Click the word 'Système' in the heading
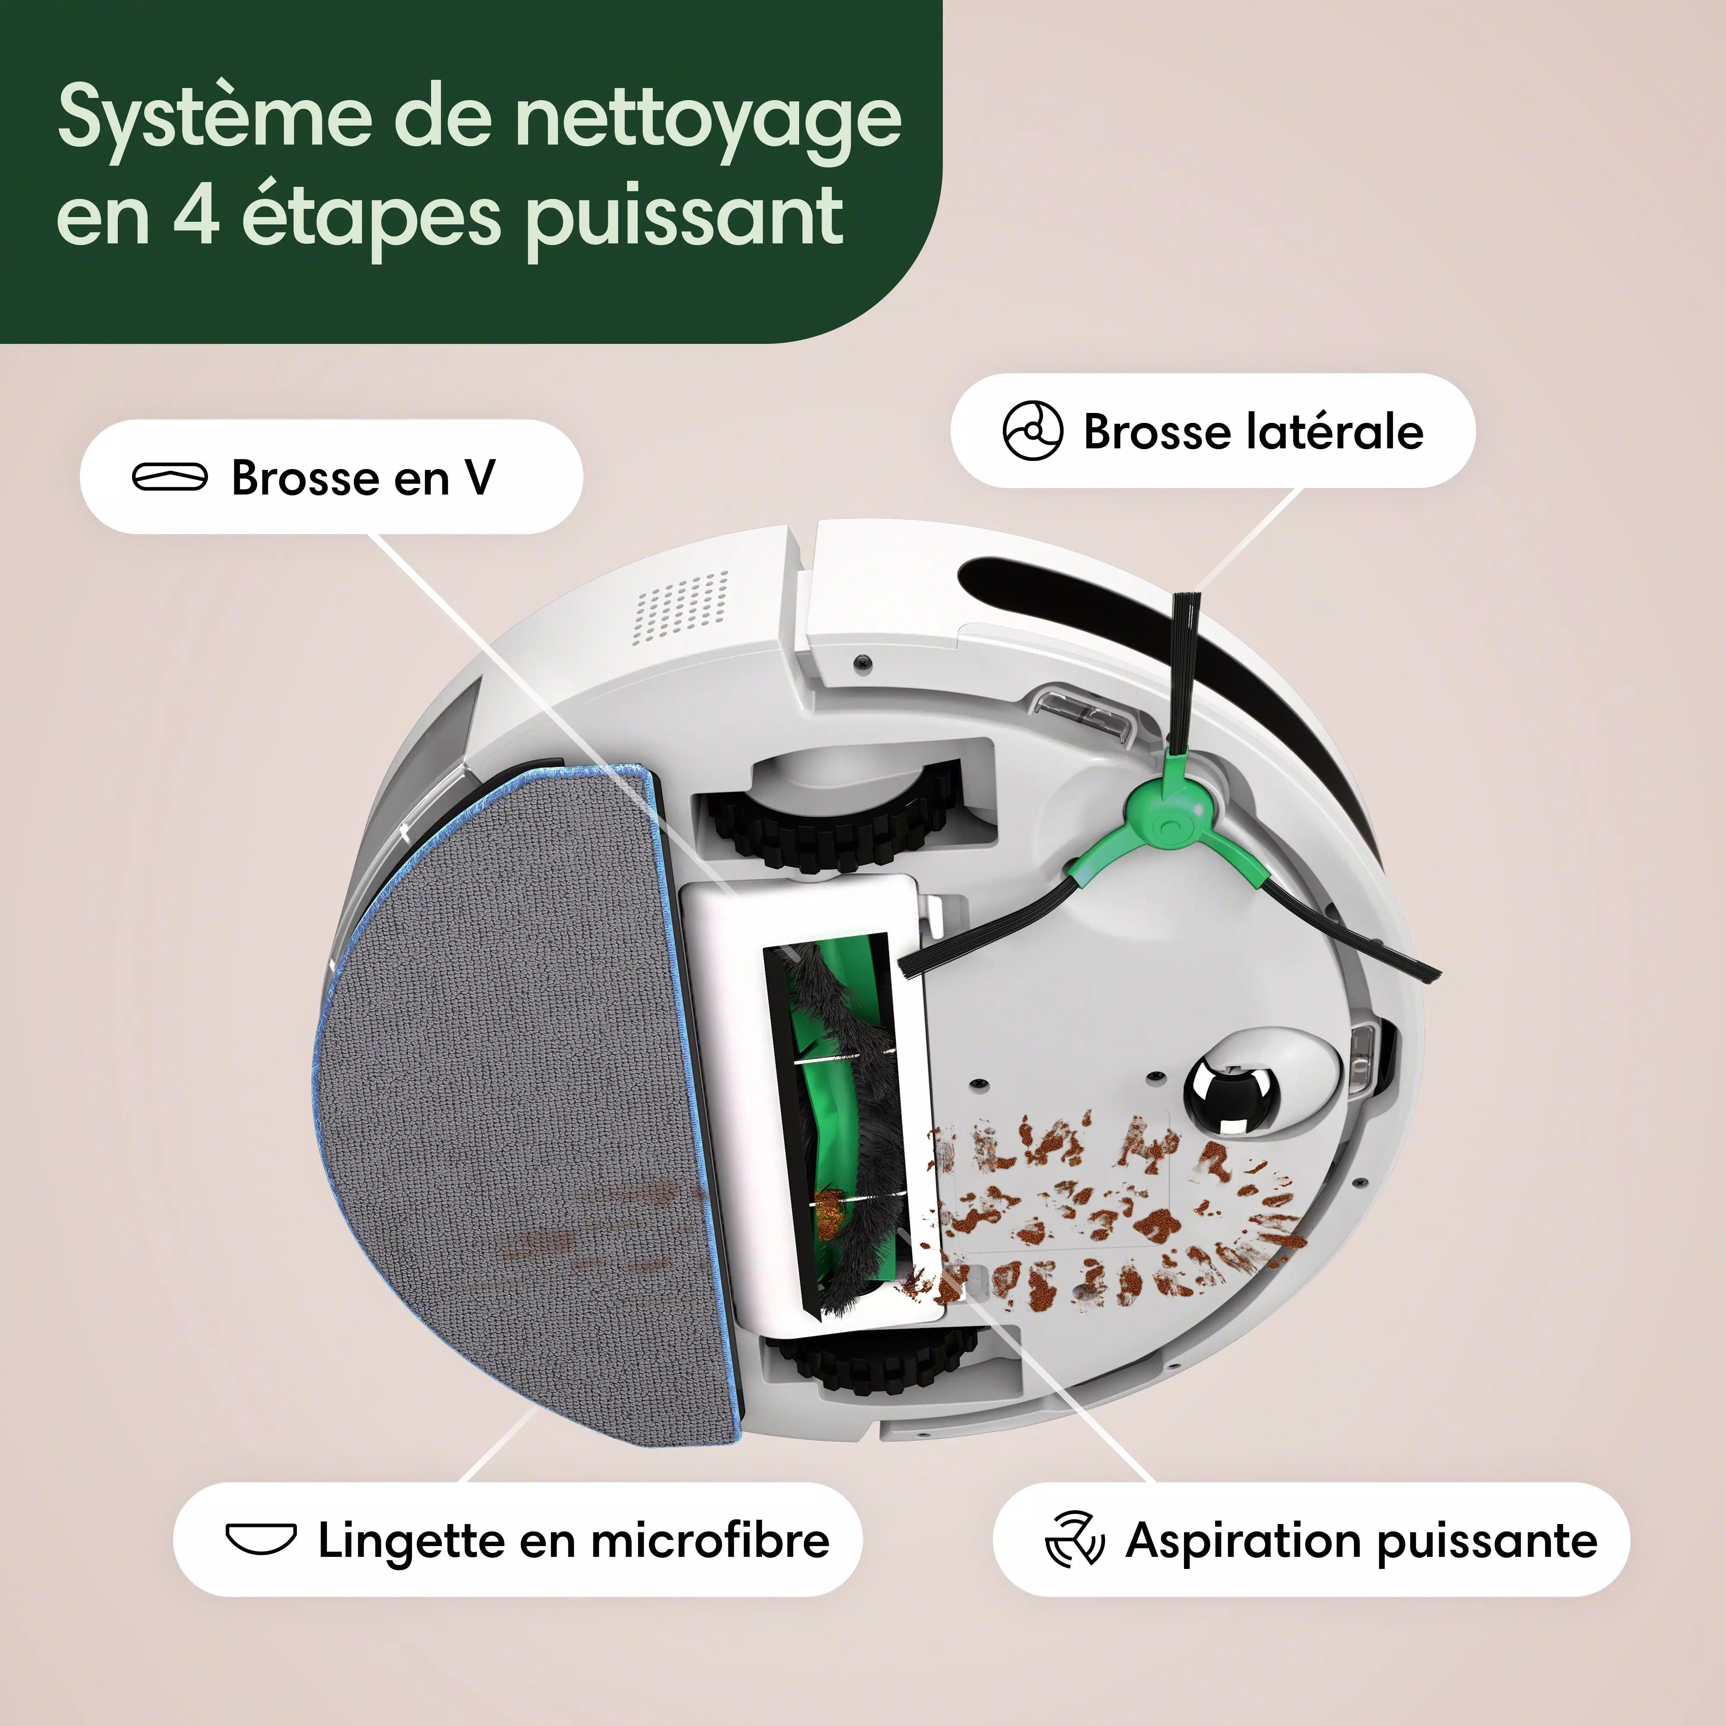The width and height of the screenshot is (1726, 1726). [x=214, y=118]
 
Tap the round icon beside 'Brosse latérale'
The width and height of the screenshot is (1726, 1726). [x=1033, y=431]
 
